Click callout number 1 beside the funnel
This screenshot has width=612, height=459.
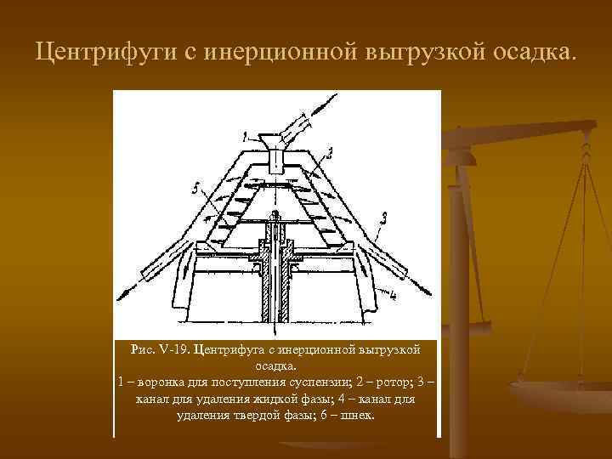(245, 134)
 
